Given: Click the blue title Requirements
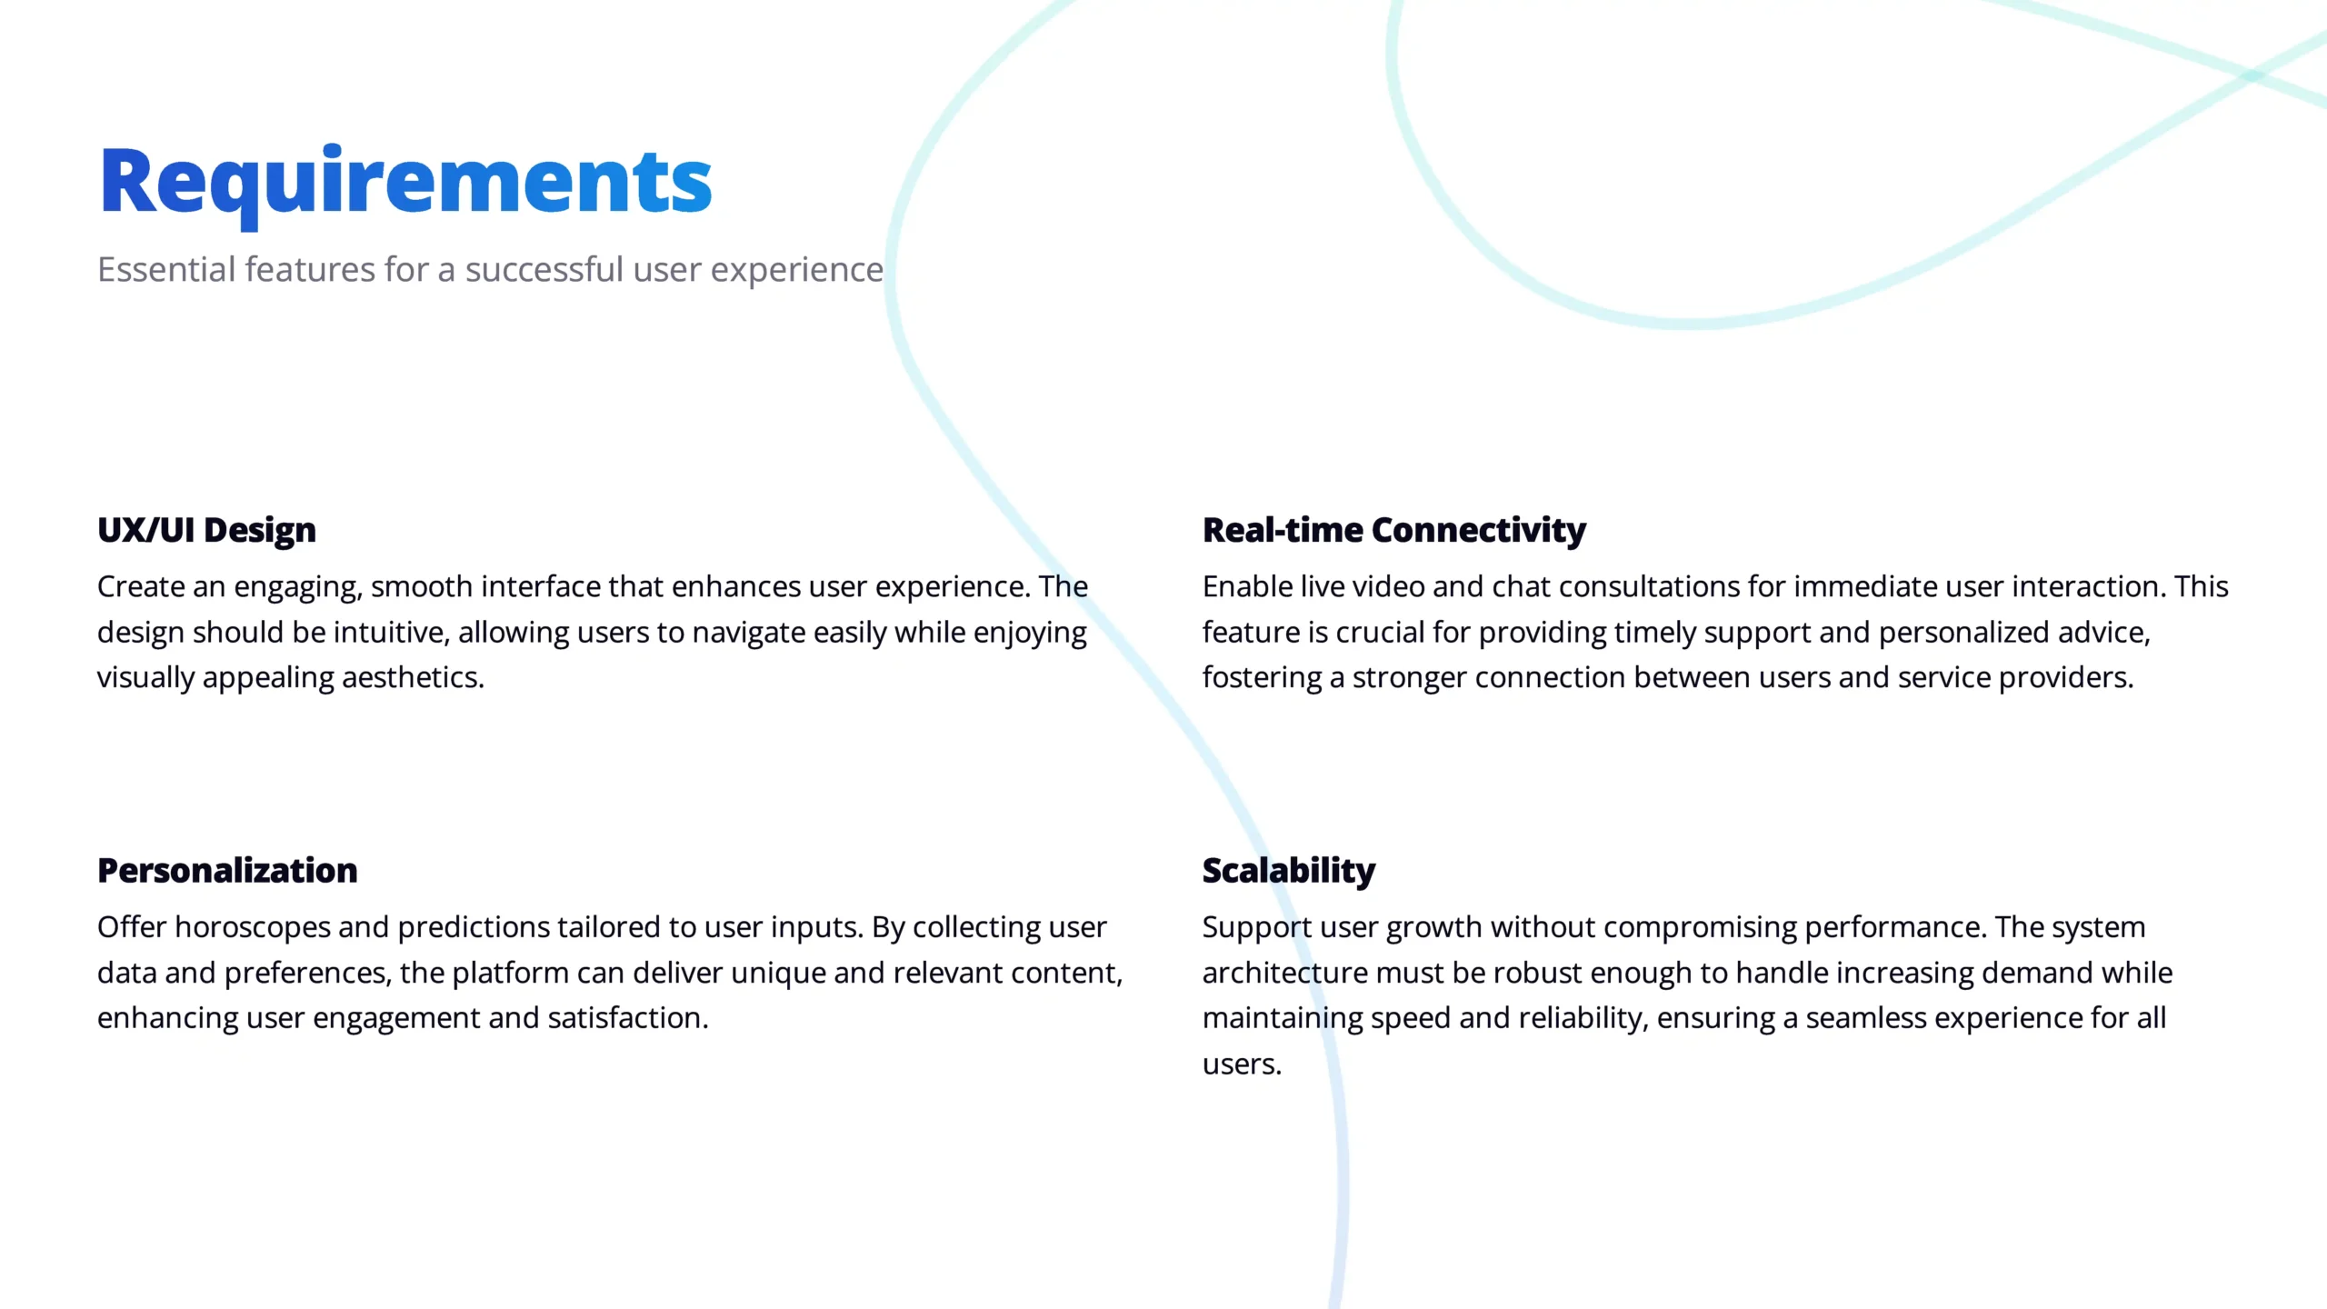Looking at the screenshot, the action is (x=405, y=185).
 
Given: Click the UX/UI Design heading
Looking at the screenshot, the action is (x=207, y=530).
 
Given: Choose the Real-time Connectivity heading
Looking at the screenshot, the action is (x=1394, y=530).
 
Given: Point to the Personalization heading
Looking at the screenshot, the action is (x=227, y=871).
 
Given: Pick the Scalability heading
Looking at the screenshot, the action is (x=1289, y=871).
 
